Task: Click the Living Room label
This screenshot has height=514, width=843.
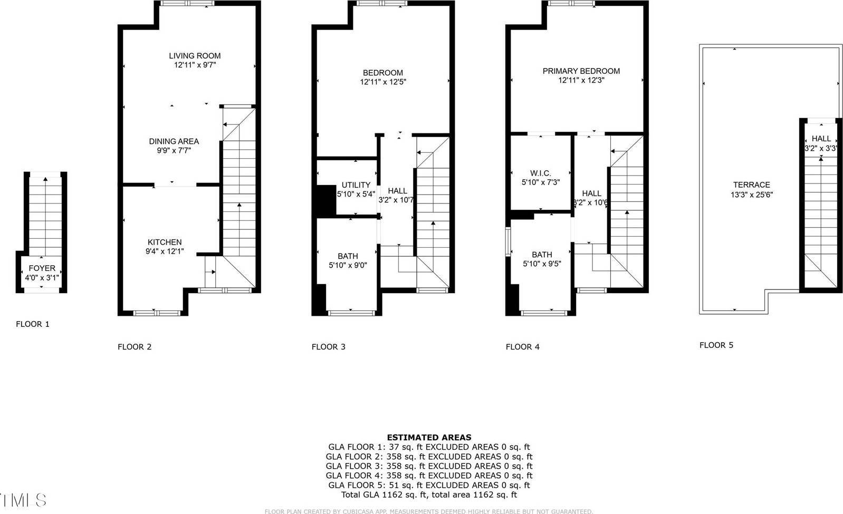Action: click(195, 56)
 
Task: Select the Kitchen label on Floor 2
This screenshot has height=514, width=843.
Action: click(164, 242)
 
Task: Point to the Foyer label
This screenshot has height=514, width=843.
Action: click(42, 268)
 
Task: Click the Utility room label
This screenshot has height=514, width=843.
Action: click(356, 185)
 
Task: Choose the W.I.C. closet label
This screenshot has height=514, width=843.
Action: click(540, 173)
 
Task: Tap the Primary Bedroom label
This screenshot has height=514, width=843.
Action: click(581, 71)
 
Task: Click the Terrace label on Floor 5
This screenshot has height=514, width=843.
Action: click(751, 185)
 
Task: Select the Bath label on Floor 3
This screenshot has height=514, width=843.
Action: click(348, 256)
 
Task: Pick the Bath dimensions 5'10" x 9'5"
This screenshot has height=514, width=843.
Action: click(542, 264)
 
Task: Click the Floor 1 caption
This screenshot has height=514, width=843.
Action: click(33, 324)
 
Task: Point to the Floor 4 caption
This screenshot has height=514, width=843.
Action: click(522, 347)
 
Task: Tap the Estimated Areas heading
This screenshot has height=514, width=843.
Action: click(429, 438)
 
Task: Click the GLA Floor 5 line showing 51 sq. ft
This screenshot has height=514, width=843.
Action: click(429, 486)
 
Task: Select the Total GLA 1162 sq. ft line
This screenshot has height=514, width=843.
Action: click(429, 495)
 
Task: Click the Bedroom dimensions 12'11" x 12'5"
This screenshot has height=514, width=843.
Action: click(383, 82)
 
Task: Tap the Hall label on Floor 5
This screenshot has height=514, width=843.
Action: click(821, 139)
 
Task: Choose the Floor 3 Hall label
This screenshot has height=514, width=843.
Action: click(397, 191)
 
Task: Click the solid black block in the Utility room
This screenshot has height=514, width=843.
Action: click(326, 200)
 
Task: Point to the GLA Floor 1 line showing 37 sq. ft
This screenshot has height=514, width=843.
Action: click(429, 447)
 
